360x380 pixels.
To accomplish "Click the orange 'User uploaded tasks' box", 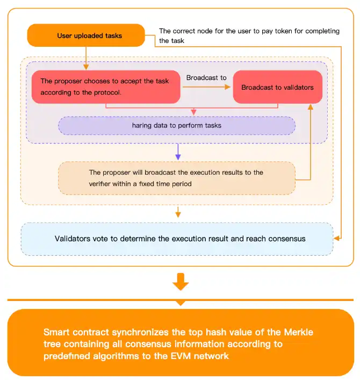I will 86,35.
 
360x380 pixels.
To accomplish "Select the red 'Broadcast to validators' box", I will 277,87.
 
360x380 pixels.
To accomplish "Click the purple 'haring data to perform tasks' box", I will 176,126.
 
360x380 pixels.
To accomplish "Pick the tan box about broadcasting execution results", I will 176,178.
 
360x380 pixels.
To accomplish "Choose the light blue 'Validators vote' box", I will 176,239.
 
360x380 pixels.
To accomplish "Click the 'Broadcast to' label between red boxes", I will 206,78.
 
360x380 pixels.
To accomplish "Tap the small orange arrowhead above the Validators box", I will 178,215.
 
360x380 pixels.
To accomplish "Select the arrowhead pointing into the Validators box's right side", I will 336,238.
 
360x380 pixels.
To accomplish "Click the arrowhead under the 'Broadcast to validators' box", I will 310,106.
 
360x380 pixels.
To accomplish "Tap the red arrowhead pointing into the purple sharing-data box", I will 193,113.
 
